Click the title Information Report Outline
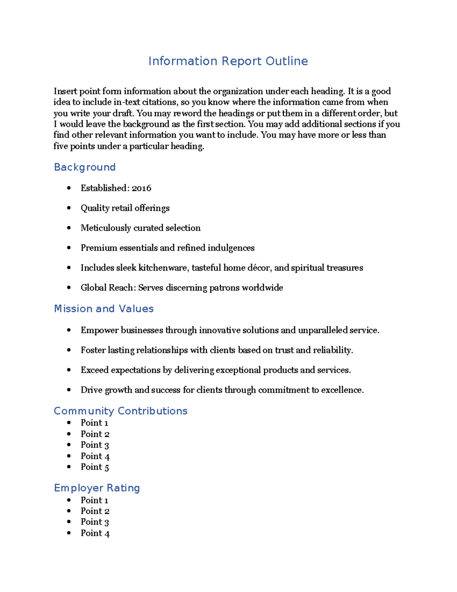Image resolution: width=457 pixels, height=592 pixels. click(x=228, y=61)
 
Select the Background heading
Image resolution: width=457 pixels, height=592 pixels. click(x=85, y=167)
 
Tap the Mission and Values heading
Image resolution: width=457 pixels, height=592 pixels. click(x=104, y=309)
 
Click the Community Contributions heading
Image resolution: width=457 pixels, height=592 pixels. click(x=120, y=411)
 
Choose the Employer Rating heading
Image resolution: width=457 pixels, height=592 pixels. click(x=97, y=488)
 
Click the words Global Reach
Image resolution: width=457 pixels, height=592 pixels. click(x=107, y=287)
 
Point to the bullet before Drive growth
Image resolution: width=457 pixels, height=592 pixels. click(x=69, y=390)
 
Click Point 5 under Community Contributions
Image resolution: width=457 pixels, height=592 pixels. click(x=95, y=467)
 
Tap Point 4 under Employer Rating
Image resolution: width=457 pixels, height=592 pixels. click(x=95, y=533)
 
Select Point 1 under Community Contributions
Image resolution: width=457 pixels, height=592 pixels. click(x=94, y=423)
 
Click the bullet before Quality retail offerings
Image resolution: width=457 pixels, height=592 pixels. click(x=69, y=208)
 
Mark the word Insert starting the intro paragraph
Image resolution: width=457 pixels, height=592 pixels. click(x=65, y=91)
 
